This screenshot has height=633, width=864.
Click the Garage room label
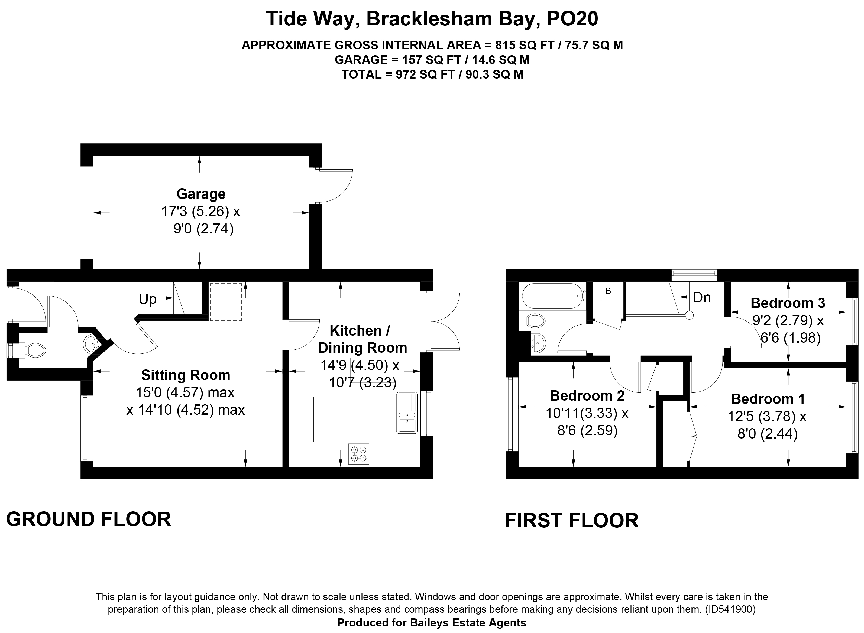(201, 194)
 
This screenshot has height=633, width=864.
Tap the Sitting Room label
(186, 375)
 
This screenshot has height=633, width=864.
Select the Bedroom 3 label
(788, 303)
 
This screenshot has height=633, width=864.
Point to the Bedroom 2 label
(587, 395)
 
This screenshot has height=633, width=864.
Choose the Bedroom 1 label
(768, 399)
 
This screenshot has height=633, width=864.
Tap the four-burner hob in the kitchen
(359, 454)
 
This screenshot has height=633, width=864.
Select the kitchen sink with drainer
(407, 413)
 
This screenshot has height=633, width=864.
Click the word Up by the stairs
(148, 299)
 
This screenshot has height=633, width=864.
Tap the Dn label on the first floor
(702, 298)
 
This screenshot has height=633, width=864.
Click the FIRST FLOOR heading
(572, 521)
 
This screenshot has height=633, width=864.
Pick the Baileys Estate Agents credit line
(432, 623)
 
